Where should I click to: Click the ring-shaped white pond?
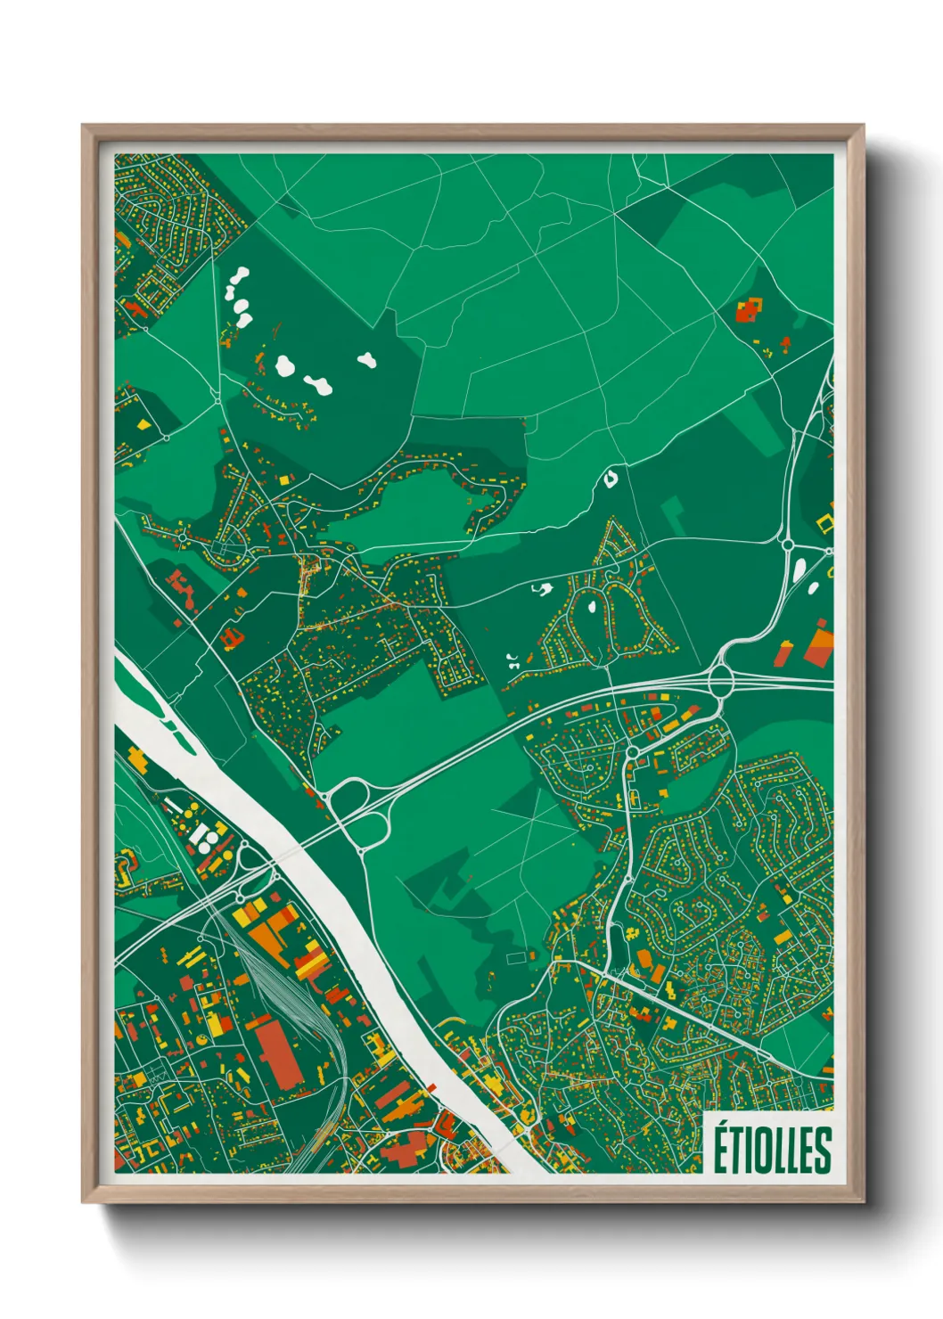click(x=611, y=479)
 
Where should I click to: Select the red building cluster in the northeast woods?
click(x=748, y=311)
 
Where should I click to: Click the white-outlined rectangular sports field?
click(x=517, y=957)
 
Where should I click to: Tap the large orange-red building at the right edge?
click(x=818, y=647)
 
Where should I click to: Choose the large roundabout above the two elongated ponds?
click(x=787, y=544)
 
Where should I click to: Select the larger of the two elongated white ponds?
click(x=799, y=567)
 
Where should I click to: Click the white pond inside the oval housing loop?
click(x=591, y=607)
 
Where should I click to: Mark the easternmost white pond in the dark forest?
click(x=366, y=361)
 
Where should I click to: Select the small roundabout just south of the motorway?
click(x=632, y=752)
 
